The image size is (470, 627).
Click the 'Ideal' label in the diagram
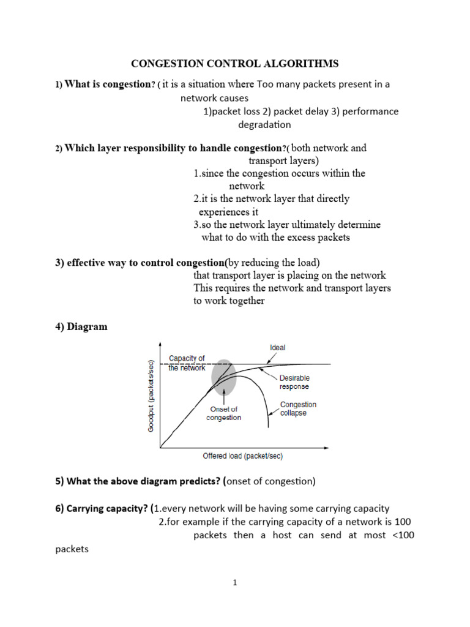(x=277, y=348)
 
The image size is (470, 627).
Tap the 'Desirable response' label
(x=294, y=383)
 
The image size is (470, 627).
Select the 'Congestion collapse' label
(x=298, y=409)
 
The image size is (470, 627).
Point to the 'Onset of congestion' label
(x=224, y=413)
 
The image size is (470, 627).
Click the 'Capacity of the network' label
(x=187, y=363)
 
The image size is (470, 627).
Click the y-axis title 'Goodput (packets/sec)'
(x=151, y=395)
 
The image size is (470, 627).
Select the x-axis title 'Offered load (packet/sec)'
(x=242, y=456)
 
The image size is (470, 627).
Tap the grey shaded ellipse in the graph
(x=223, y=377)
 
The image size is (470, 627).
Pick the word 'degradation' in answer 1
(x=264, y=125)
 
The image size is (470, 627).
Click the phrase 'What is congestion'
(x=107, y=84)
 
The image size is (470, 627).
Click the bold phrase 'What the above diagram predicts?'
(x=143, y=481)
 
